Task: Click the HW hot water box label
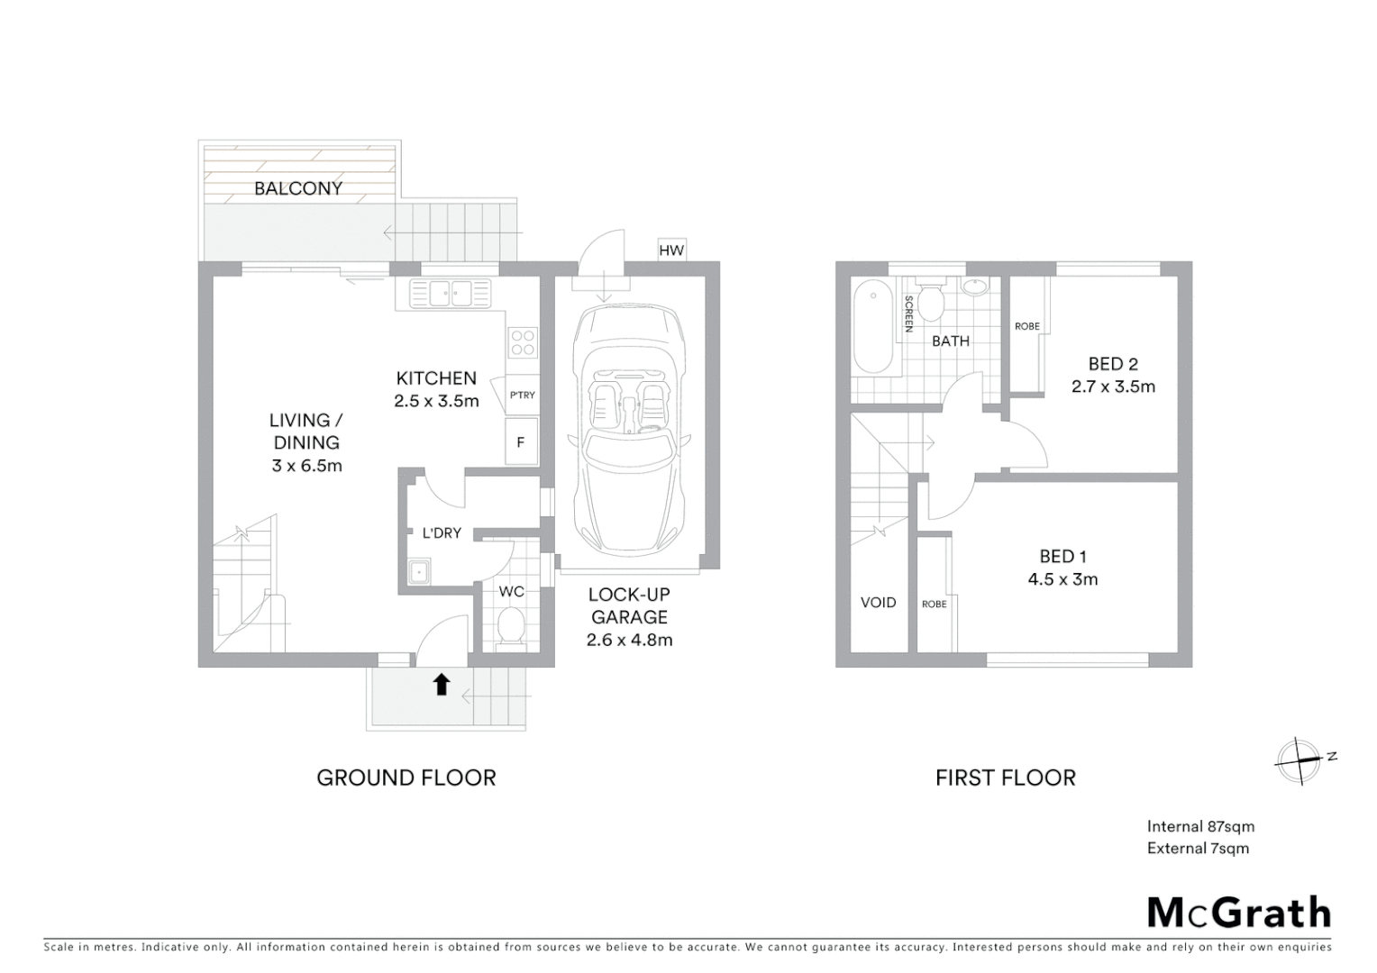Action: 671,250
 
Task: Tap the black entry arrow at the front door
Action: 441,685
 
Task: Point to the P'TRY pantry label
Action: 523,395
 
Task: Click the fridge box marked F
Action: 520,442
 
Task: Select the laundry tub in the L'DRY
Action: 418,572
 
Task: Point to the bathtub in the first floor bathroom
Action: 871,326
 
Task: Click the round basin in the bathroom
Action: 975,287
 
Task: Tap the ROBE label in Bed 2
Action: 1027,326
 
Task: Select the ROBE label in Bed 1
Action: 935,604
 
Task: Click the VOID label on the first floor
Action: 878,602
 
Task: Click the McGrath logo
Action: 1238,912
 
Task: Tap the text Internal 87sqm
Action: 1200,826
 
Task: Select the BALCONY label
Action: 298,188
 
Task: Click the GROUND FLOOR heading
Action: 406,777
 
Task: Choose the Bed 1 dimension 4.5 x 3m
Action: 1062,579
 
